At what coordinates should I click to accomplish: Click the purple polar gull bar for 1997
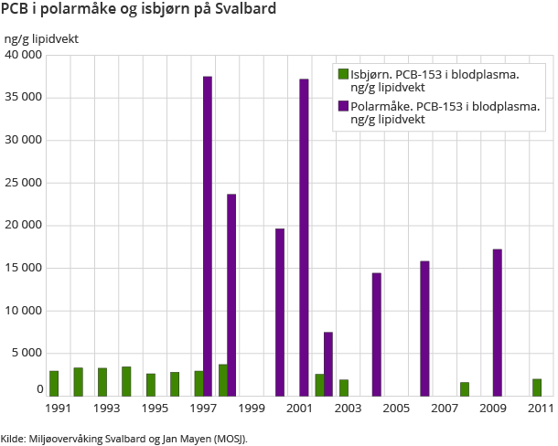208,236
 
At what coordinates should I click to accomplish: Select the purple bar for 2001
304,238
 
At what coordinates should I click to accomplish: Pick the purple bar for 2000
280,312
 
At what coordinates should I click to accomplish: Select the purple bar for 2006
424,328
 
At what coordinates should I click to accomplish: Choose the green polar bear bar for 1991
54,383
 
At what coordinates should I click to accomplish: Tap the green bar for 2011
537,387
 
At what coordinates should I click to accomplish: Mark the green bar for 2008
465,388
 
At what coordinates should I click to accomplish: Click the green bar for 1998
222,379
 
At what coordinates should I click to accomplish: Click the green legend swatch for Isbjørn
343,74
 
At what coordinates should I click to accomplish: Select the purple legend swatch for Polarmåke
343,106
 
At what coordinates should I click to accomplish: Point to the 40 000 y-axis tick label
24,55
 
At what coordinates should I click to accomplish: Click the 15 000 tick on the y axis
24,268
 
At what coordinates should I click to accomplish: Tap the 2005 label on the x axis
396,408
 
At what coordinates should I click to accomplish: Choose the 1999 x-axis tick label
252,408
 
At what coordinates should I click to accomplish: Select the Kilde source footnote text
124,438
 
